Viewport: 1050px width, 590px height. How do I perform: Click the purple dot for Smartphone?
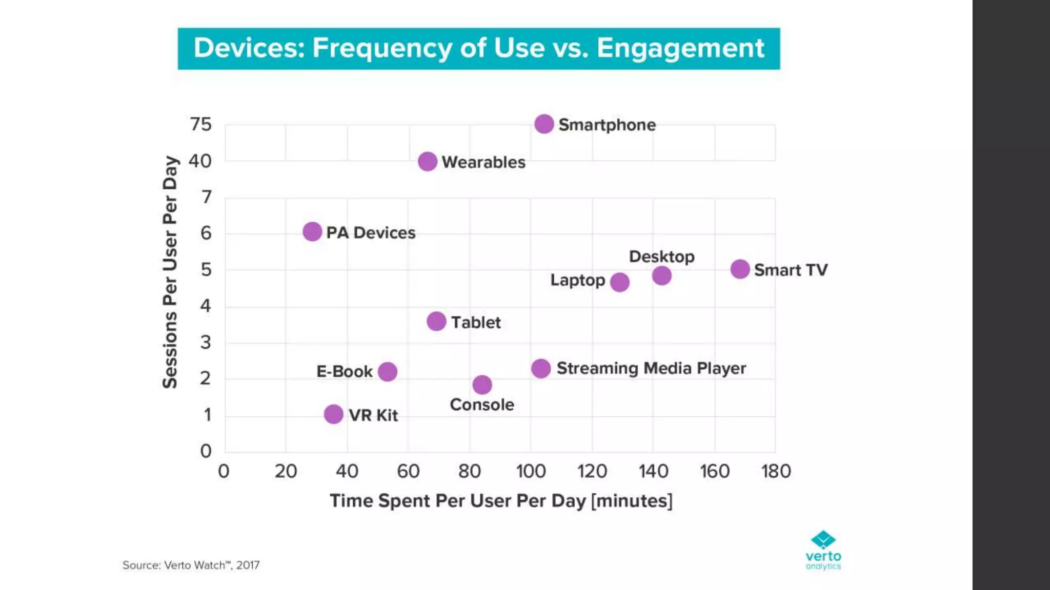click(x=544, y=124)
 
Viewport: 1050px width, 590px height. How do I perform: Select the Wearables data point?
click(x=428, y=162)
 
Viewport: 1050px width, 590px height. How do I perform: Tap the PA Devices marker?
click(x=312, y=232)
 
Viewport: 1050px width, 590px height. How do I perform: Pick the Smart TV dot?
click(x=740, y=269)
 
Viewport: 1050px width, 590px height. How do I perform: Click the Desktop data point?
click(x=662, y=276)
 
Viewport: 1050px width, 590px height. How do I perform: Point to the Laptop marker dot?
click(x=620, y=282)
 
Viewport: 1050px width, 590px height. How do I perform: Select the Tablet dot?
click(x=436, y=322)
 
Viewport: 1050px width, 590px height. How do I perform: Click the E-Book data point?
click(x=388, y=372)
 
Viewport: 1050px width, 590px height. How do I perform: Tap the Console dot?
click(x=482, y=385)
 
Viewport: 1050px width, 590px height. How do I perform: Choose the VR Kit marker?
click(x=334, y=414)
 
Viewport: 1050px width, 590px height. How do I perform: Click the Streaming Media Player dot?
click(x=541, y=368)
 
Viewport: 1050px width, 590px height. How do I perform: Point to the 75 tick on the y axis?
click(x=200, y=124)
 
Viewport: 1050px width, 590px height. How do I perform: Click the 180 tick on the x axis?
click(x=776, y=471)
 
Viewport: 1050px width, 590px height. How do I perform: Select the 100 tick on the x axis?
click(x=531, y=471)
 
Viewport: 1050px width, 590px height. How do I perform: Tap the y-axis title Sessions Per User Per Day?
click(x=170, y=272)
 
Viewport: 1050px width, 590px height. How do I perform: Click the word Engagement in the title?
click(x=680, y=48)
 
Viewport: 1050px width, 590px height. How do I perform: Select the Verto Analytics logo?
click(x=823, y=550)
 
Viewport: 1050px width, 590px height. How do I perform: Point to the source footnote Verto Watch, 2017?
click(x=191, y=565)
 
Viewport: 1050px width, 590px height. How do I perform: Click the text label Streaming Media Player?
click(x=651, y=368)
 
